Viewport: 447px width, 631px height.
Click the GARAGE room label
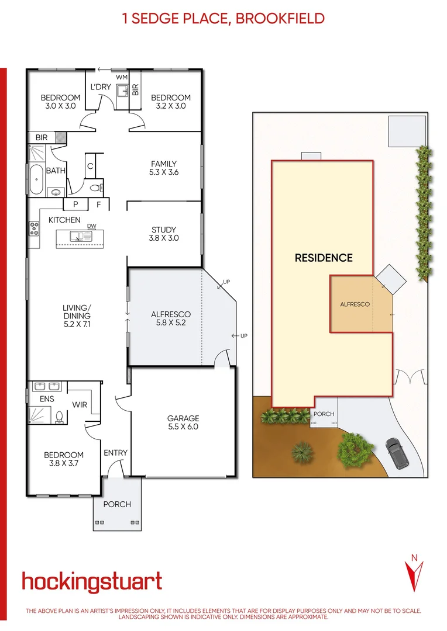(x=183, y=422)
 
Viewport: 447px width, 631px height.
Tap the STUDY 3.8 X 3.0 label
(x=164, y=234)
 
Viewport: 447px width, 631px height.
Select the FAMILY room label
(x=164, y=168)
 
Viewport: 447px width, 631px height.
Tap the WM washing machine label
(x=122, y=77)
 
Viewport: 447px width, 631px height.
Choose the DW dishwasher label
(x=91, y=226)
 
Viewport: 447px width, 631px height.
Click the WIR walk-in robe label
(x=80, y=404)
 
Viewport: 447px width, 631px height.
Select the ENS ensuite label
(x=47, y=399)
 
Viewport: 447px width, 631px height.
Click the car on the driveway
(x=398, y=453)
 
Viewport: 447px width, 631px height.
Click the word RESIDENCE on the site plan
(x=324, y=258)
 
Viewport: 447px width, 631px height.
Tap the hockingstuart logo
(x=92, y=582)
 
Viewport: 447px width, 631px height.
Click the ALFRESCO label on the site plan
(x=355, y=304)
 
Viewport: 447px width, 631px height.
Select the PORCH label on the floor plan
(x=117, y=504)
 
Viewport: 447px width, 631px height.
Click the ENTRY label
(x=115, y=453)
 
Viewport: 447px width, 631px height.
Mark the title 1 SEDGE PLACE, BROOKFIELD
(x=223, y=18)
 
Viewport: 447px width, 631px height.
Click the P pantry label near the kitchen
(x=75, y=204)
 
